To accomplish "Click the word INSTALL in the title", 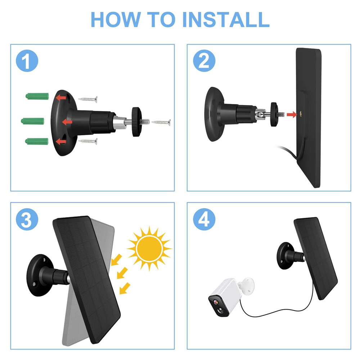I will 226,19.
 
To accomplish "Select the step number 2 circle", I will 204,62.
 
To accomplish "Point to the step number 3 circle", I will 26,220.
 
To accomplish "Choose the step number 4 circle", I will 204,220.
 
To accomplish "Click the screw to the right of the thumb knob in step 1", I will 161,122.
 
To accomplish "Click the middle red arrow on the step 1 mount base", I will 67,122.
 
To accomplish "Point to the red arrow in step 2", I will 292,114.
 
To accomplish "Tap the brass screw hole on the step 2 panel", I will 301,114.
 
